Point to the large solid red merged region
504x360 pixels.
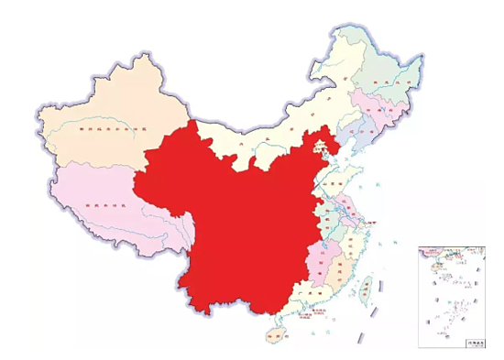(x=238, y=220)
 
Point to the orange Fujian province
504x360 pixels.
(x=343, y=270)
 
